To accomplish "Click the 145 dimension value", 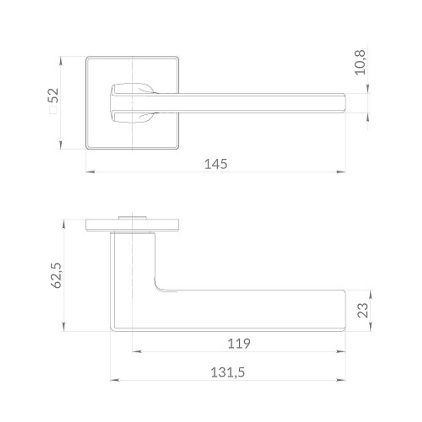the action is (x=216, y=164).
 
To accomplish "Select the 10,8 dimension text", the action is (x=360, y=62).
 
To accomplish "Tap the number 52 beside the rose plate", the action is (x=53, y=95).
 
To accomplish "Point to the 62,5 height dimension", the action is (x=57, y=276).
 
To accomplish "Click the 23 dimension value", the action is (x=362, y=310).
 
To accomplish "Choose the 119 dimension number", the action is (x=239, y=344).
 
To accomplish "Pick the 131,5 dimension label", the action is (x=228, y=373).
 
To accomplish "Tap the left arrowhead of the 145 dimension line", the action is (x=90, y=171).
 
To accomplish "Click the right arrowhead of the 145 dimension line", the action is (x=341, y=171).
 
